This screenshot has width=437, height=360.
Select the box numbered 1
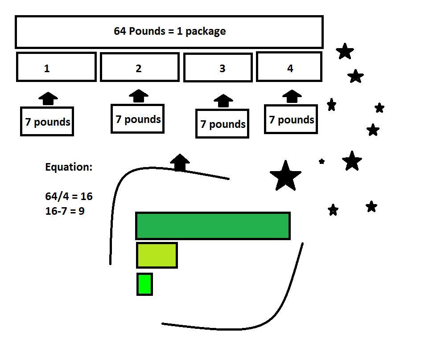(56, 67)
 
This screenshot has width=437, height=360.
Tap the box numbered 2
(140, 68)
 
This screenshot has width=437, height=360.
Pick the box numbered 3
(218, 68)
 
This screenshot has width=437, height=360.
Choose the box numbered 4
(289, 67)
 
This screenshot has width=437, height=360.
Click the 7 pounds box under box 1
(47, 121)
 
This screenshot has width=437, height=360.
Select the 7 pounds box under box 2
(137, 119)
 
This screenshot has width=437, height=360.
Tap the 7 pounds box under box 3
(222, 123)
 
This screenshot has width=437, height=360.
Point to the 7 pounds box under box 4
(291, 119)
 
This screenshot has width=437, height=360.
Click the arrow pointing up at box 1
(48, 98)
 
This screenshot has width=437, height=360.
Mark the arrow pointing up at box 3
(223, 101)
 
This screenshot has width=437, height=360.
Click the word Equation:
(69, 168)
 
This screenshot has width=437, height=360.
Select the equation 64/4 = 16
(69, 196)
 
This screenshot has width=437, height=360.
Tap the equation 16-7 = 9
(65, 211)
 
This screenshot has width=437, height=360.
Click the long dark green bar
(213, 225)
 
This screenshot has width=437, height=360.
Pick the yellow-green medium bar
(157, 255)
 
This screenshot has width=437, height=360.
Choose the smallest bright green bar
(144, 284)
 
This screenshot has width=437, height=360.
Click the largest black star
(285, 176)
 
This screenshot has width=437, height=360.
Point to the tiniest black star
(322, 161)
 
